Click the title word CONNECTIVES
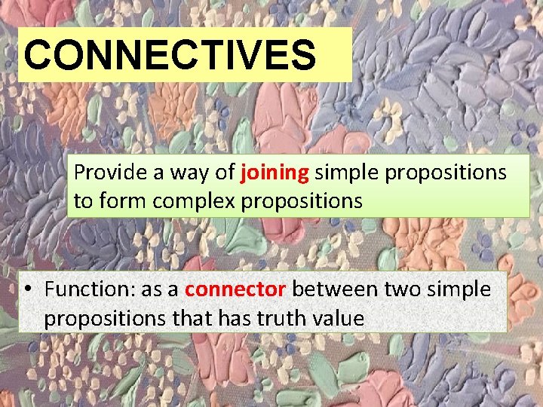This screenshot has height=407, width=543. point(170,55)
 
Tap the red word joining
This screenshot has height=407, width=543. point(275,173)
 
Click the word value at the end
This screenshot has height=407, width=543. point(342,319)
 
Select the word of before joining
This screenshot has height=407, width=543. point(225,173)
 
